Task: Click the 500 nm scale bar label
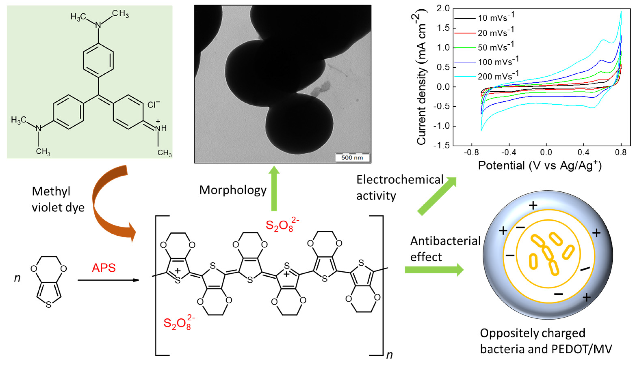pos(352,158)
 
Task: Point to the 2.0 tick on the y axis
pos(443,9)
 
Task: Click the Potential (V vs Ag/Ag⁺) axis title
pos(540,166)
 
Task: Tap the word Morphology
pos(233,190)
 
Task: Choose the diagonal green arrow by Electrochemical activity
pos(437,195)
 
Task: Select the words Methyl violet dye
pos(58,200)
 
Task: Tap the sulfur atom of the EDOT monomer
pos(49,305)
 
